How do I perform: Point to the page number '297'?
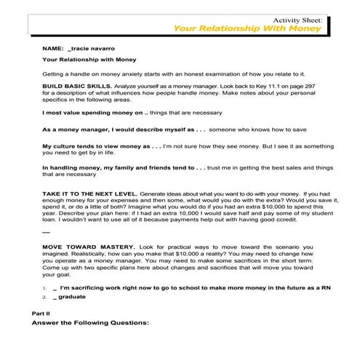point(308,86)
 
